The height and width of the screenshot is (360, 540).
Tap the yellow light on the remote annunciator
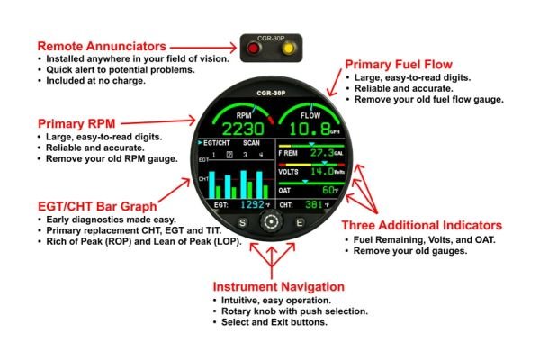point(287,49)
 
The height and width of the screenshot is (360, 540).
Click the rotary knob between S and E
point(269,221)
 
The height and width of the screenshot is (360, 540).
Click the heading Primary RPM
point(76,121)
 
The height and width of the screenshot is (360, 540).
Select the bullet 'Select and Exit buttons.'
point(269,322)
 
